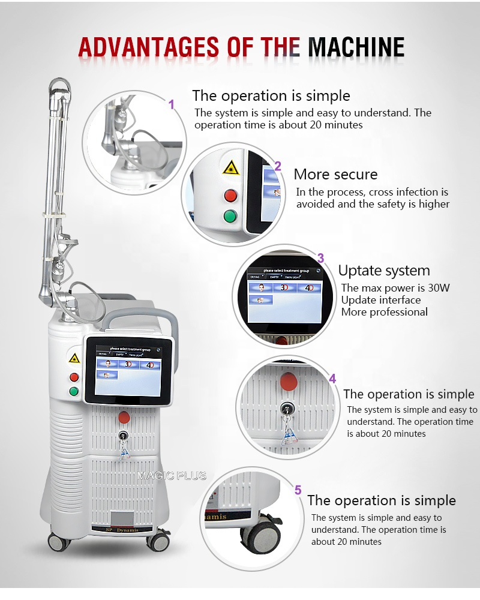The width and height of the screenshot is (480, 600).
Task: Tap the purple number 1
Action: [171, 104]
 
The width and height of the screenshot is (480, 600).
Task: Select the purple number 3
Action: [320, 258]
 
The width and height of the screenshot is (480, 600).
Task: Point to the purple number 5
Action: [298, 490]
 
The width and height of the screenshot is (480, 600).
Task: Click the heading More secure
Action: [335, 175]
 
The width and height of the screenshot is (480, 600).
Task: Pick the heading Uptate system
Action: [384, 271]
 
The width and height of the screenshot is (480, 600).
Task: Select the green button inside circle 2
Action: [230, 217]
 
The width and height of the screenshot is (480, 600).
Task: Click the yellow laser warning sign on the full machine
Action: [74, 358]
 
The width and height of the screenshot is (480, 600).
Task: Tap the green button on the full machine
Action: [74, 392]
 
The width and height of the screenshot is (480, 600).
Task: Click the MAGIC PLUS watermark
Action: [172, 476]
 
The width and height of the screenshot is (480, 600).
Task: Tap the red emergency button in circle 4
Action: [289, 380]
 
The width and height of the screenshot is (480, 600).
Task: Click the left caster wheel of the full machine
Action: [59, 542]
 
